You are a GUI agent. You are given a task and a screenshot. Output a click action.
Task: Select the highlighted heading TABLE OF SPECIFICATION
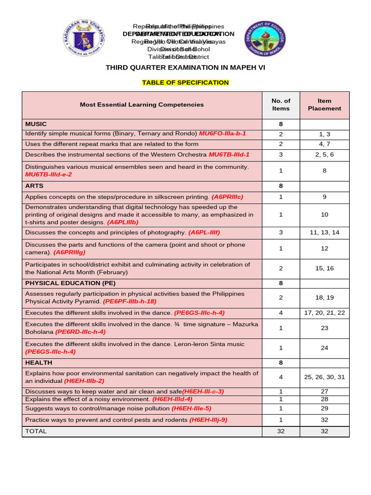(185, 83)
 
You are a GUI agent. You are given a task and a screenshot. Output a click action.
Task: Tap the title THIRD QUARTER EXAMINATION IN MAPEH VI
(185, 68)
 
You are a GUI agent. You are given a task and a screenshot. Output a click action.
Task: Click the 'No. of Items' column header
(281, 105)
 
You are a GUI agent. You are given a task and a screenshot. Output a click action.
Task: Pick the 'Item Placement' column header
(324, 105)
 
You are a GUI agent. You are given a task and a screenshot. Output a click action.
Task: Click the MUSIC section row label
(36, 124)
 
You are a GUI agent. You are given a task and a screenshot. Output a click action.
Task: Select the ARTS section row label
(34, 186)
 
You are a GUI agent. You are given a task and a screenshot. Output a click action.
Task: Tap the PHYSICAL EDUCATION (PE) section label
(71, 283)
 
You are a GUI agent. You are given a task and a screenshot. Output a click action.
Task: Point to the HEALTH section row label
(39, 363)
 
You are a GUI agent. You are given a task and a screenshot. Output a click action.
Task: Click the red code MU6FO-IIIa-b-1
(222, 133)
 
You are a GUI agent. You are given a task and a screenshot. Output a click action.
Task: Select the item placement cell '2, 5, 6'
(324, 155)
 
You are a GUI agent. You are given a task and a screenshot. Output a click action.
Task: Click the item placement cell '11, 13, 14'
(324, 233)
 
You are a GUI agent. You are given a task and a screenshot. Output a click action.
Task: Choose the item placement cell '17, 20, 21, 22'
(324, 313)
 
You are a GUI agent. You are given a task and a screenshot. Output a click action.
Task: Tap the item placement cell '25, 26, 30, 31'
(324, 377)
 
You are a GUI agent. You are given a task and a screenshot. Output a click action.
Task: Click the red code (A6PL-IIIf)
(204, 233)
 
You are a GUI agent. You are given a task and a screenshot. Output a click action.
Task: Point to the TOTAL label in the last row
(36, 431)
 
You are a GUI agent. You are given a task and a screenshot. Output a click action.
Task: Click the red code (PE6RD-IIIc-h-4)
(80, 332)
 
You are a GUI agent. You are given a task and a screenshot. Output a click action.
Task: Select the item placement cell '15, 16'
(324, 268)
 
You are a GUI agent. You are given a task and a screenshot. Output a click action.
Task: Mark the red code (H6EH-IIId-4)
(172, 399)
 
